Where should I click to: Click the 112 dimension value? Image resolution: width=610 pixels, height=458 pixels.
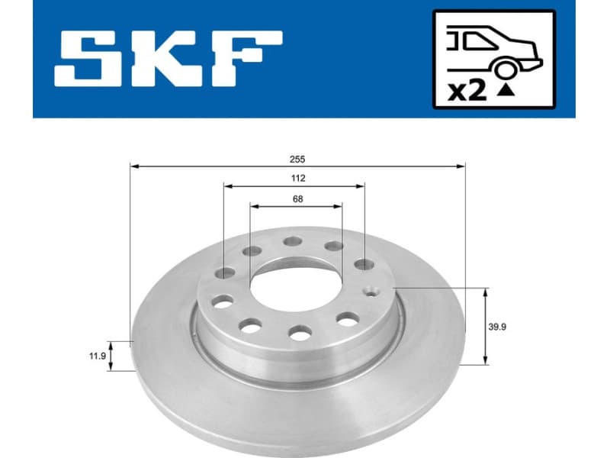[x=297, y=179]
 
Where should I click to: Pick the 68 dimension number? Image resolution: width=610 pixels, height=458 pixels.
[x=297, y=199]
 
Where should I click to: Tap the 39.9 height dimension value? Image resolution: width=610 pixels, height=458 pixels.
[x=498, y=326]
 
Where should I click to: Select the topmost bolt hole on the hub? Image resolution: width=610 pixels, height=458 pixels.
[x=292, y=242]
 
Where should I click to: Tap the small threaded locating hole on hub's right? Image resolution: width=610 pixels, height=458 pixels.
[x=372, y=290]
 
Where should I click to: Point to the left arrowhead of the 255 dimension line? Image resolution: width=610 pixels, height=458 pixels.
[x=134, y=165]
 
